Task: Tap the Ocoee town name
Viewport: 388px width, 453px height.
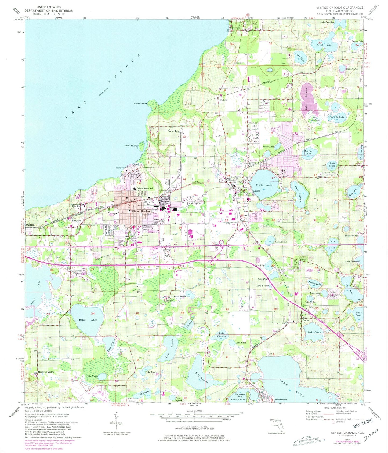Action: pyautogui.click(x=257, y=191)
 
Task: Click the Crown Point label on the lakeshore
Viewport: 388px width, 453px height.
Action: pyautogui.click(x=140, y=104)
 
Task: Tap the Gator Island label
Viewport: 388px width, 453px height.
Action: pyautogui.click(x=131, y=146)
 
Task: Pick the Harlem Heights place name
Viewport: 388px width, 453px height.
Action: pyautogui.click(x=46, y=372)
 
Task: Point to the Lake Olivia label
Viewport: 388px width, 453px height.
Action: pyautogui.click(x=314, y=332)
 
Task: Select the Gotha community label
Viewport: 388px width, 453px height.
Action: pyautogui.click(x=306, y=321)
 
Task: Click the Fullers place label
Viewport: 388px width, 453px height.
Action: pyautogui.click(x=223, y=100)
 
